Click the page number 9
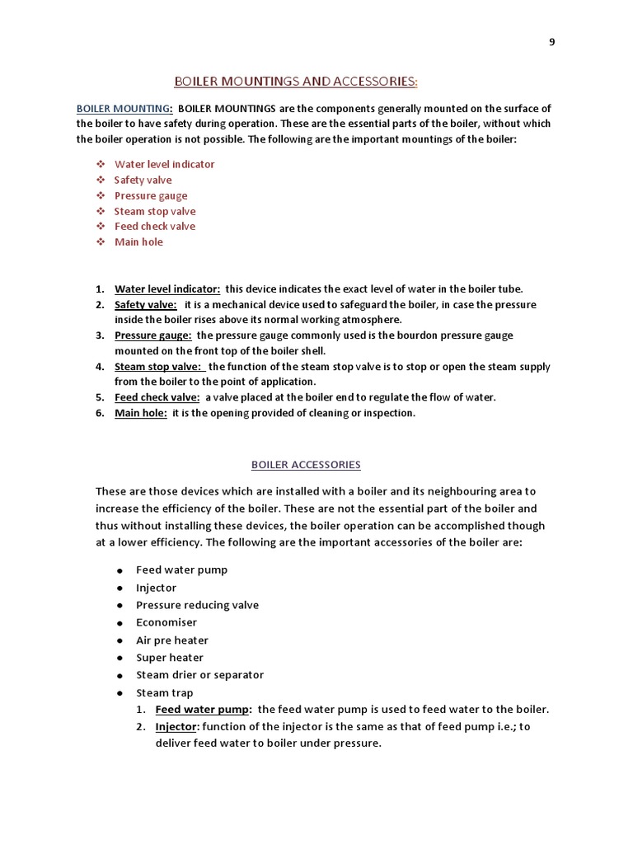(x=551, y=44)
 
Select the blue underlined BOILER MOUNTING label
(x=124, y=109)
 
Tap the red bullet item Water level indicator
(x=164, y=164)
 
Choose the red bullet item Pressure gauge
(x=151, y=195)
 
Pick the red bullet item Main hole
(x=138, y=241)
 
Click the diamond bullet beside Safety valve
(x=99, y=180)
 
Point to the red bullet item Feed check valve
(x=155, y=226)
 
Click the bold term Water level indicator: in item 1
(x=167, y=288)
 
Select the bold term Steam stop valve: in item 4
(x=157, y=366)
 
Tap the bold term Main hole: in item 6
(x=141, y=413)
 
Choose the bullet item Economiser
(x=166, y=622)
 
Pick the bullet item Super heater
(x=170, y=657)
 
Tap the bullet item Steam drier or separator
(x=199, y=674)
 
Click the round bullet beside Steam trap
(x=120, y=693)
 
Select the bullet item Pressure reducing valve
(x=197, y=605)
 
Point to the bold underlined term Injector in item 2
(x=176, y=727)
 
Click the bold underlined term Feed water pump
(x=203, y=710)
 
